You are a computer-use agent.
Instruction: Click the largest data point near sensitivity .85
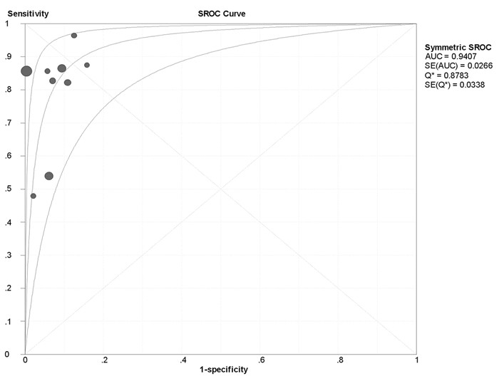tap(26, 70)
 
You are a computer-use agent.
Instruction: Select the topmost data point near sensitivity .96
tap(74, 36)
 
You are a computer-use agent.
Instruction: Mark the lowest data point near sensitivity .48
tap(34, 196)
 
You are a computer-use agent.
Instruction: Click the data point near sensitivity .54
tap(49, 176)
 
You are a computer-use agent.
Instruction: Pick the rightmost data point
tap(87, 65)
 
